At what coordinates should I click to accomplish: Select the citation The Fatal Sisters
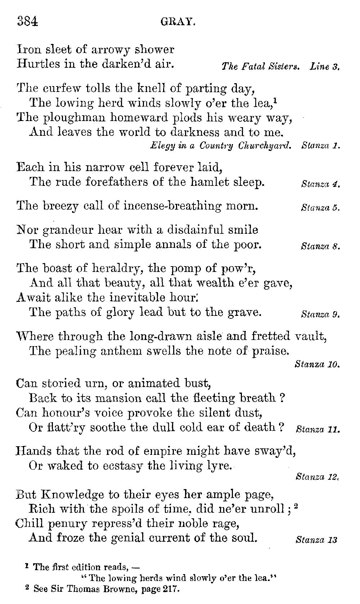[x=261, y=67]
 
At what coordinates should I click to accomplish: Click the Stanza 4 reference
[x=320, y=185]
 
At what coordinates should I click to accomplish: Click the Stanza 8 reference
[x=320, y=247]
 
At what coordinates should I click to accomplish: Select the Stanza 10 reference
[x=317, y=364]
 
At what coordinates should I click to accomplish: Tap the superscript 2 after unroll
[x=296, y=506]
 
